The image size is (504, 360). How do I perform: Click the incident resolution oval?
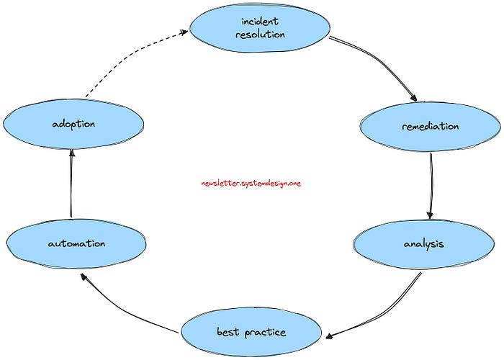click(x=260, y=28)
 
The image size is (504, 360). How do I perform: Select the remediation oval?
click(x=430, y=127)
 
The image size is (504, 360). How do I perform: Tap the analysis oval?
click(x=423, y=243)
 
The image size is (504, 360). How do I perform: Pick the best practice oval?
click(x=251, y=332)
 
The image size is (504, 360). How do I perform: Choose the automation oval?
click(x=76, y=243)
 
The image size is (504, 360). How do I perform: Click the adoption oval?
click(x=73, y=124)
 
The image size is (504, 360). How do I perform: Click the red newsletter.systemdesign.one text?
click(x=251, y=184)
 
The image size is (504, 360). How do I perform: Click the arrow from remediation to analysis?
click(x=431, y=184)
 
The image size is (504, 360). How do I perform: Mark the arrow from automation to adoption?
click(x=71, y=184)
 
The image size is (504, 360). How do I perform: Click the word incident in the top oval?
click(x=260, y=22)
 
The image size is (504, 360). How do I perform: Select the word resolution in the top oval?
click(x=260, y=35)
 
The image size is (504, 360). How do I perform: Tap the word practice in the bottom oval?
click(x=264, y=332)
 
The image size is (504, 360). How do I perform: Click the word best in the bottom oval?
click(x=228, y=332)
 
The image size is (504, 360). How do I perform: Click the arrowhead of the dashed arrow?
click(x=183, y=32)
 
